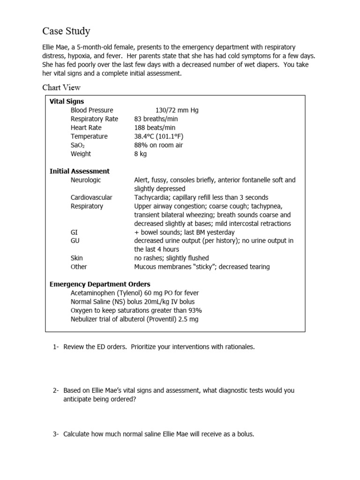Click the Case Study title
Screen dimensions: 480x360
[x=66, y=31]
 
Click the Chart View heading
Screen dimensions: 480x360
[x=61, y=87]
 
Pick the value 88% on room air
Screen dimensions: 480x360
[x=158, y=145]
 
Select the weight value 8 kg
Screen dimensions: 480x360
[x=140, y=154]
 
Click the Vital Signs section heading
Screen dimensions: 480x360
[x=67, y=101]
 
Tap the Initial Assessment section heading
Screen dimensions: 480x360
[x=80, y=171]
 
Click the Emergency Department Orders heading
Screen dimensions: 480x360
[x=100, y=284]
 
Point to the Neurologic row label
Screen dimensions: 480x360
[x=86, y=180]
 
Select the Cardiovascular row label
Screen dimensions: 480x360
[x=91, y=197]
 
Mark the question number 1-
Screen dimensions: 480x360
[x=55, y=347]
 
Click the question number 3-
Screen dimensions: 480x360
[x=55, y=434]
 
